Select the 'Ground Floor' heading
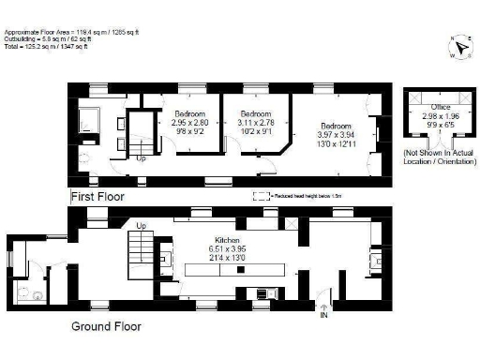click(107, 326)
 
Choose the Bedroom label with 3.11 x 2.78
click(255, 113)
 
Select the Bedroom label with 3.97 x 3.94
click(335, 126)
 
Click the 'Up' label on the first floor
click(142, 158)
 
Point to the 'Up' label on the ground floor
click(142, 226)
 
